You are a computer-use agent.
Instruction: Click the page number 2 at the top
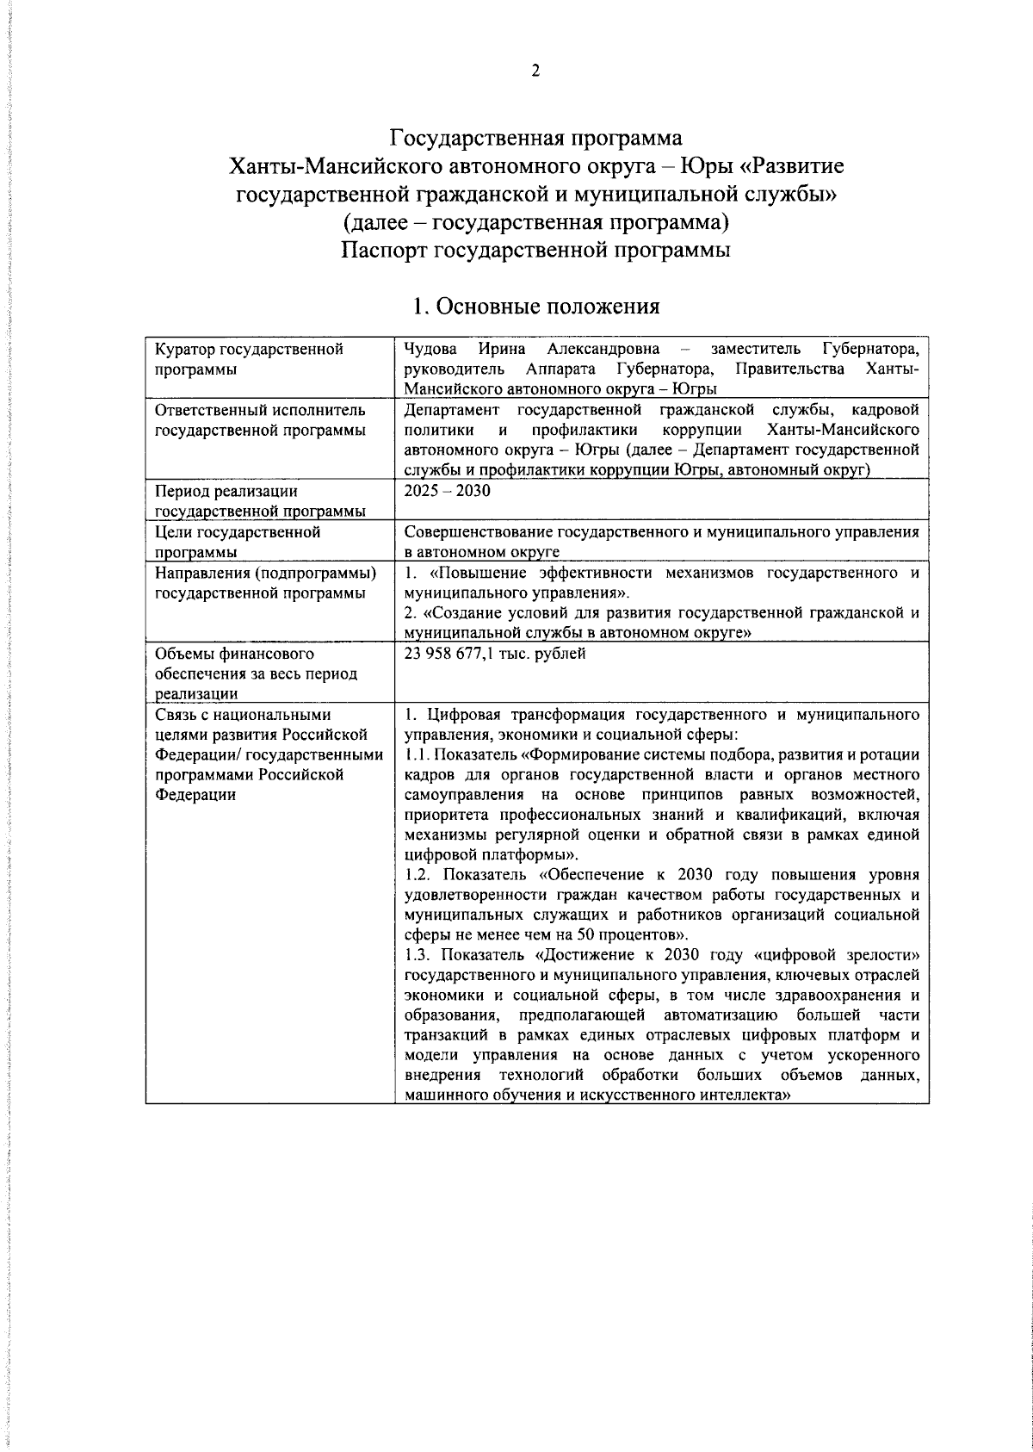point(535,71)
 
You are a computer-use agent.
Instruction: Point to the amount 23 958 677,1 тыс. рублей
point(495,654)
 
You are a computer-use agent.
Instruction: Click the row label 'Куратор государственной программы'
point(249,358)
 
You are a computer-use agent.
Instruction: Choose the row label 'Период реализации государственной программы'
point(259,501)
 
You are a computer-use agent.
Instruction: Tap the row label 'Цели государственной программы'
point(238,542)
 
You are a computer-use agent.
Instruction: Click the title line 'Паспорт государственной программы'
point(535,251)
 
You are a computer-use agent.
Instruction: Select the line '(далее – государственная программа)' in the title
point(535,222)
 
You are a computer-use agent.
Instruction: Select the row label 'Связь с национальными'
point(243,715)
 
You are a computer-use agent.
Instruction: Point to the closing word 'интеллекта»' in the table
point(749,1095)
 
